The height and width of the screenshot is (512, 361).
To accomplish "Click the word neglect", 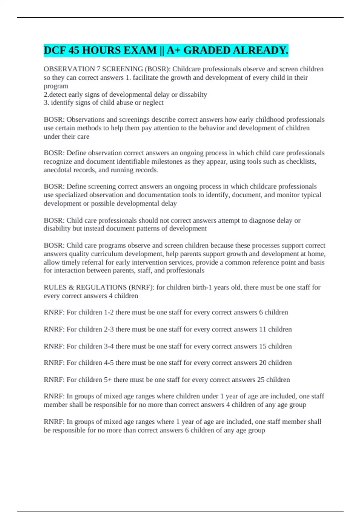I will click(x=153, y=103).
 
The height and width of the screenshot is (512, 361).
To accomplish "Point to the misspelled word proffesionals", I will click(x=185, y=270).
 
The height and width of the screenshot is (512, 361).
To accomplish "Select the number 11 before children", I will click(x=263, y=329).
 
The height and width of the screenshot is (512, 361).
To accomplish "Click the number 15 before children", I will click(x=263, y=346).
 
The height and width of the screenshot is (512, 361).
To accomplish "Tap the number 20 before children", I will click(x=263, y=363).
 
